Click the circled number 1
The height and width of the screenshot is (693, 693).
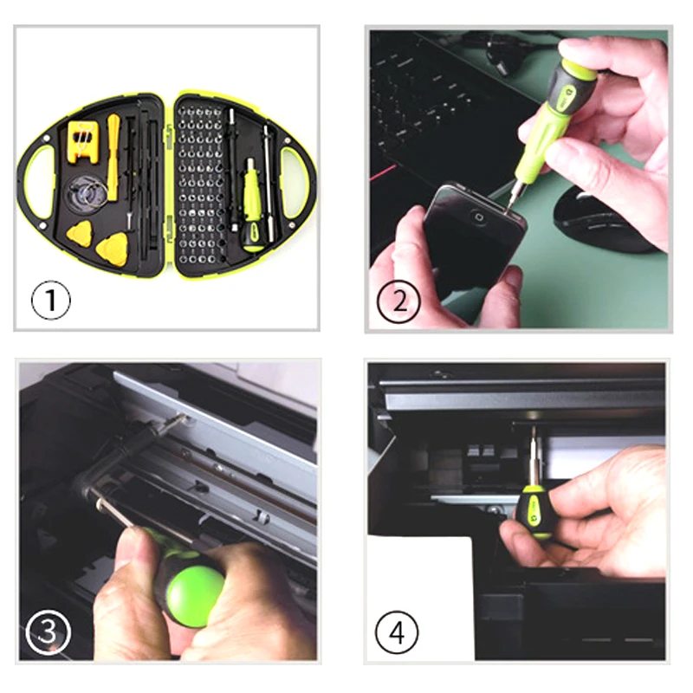pos(51,300)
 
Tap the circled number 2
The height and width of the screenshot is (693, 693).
pos(398,301)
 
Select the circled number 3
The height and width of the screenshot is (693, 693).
pos(49,632)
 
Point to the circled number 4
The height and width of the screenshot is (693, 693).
pos(397,632)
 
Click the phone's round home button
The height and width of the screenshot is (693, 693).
pos(478,217)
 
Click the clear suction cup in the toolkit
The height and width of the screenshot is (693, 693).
pos(87,194)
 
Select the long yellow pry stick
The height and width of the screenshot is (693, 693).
pos(113,158)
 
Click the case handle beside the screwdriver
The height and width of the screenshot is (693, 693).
pos(295,183)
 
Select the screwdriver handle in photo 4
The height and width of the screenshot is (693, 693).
pos(534,511)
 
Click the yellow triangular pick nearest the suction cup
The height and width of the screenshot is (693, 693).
pos(80,233)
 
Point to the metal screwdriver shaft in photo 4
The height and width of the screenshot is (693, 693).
pos(534,457)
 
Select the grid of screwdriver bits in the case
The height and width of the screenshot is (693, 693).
pos(200,185)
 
